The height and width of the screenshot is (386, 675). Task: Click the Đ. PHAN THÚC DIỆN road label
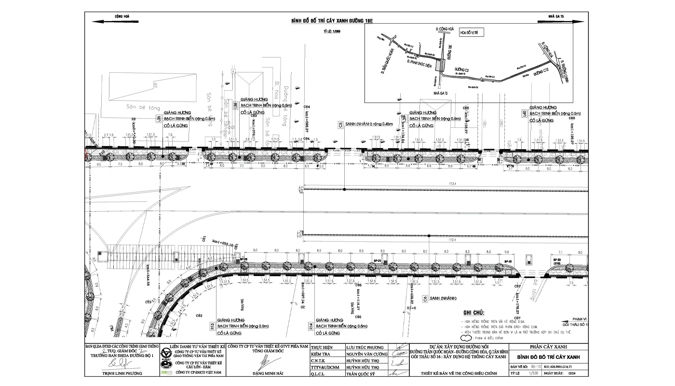tap(418, 63)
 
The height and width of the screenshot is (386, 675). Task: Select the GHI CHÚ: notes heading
tap(473, 313)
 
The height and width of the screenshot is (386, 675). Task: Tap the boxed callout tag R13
tap(212, 326)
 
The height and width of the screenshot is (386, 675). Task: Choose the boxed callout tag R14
tap(310, 326)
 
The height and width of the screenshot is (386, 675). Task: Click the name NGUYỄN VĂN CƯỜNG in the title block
tap(367, 354)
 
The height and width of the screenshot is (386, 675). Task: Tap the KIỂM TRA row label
tap(321, 354)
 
